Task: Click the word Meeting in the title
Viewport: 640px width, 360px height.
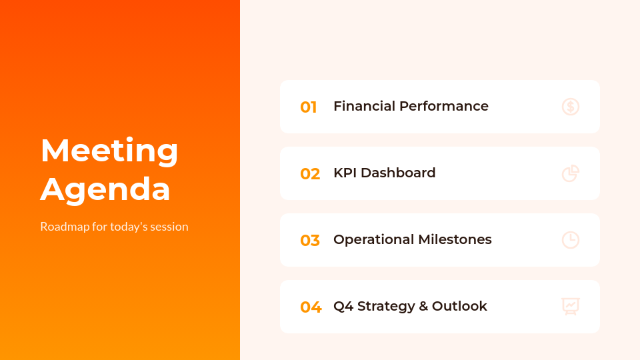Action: pyautogui.click(x=109, y=151)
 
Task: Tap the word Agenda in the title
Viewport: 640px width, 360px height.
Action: pyautogui.click(x=105, y=189)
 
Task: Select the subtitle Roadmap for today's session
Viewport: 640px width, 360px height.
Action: pyautogui.click(x=114, y=227)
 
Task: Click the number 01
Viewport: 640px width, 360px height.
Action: pyautogui.click(x=308, y=107)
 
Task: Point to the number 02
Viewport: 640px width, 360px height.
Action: pyautogui.click(x=310, y=174)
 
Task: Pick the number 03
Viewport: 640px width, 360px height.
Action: pyautogui.click(x=310, y=241)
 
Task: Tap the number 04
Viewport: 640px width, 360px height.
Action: pyautogui.click(x=311, y=307)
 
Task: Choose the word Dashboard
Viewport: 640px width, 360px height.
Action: pyautogui.click(x=398, y=173)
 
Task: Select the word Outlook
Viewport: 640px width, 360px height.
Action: pyautogui.click(x=459, y=306)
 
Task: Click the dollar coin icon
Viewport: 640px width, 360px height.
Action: pyautogui.click(x=571, y=107)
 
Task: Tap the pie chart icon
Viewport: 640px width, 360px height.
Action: pyautogui.click(x=571, y=173)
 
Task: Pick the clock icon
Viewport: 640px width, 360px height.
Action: pyautogui.click(x=571, y=240)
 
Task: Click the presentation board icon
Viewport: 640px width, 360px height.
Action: pyautogui.click(x=571, y=306)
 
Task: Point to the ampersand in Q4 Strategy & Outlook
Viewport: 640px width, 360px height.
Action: pyautogui.click(x=423, y=306)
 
